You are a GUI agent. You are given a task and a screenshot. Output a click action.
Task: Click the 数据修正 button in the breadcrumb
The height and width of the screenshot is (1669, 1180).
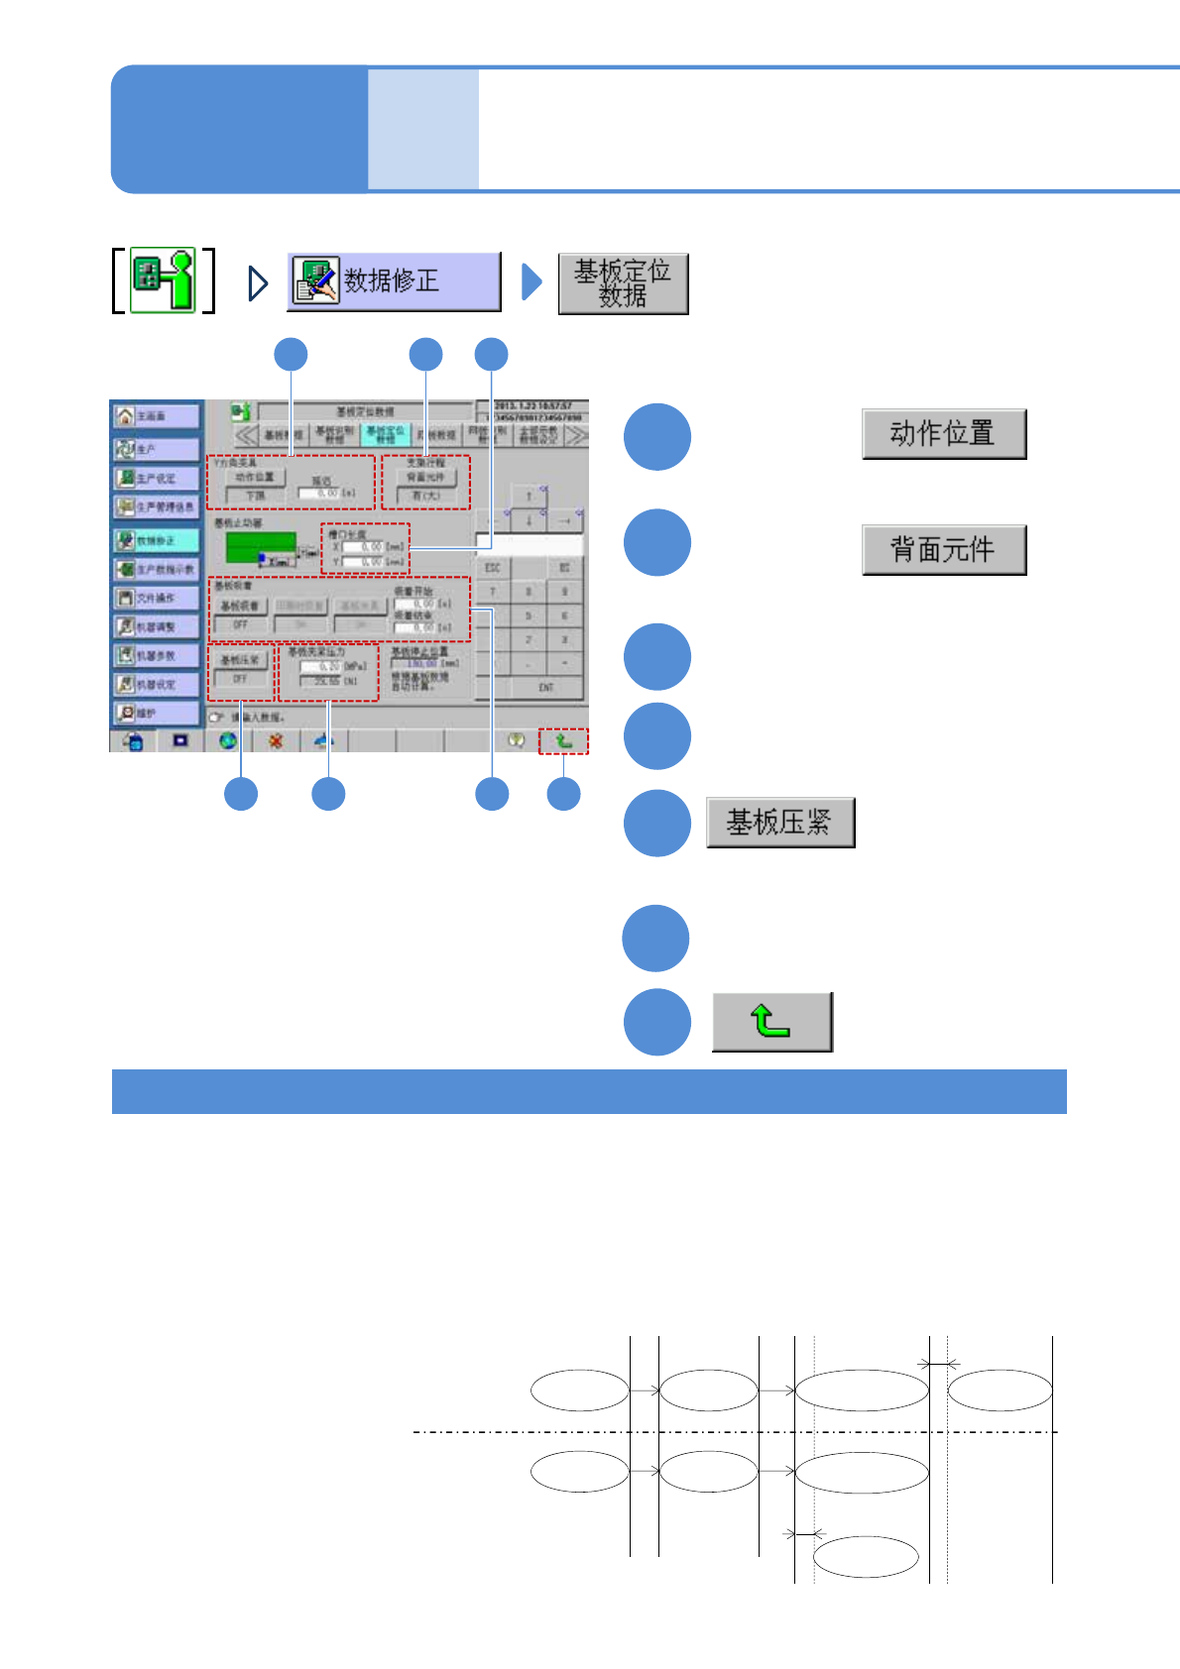point(394,281)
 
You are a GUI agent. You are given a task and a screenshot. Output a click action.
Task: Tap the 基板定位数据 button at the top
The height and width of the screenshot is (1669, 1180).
point(623,284)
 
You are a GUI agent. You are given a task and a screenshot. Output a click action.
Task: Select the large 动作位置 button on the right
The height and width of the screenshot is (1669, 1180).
point(943,434)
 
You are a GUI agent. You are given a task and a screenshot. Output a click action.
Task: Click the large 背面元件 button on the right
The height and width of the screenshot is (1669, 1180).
point(943,550)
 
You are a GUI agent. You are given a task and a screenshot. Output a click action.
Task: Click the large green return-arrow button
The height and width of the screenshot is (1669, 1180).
point(771,1022)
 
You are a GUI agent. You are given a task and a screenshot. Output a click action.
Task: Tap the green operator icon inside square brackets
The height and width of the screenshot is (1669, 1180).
point(164,281)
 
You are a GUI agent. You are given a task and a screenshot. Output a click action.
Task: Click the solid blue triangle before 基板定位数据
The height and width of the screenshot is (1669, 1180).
point(531,282)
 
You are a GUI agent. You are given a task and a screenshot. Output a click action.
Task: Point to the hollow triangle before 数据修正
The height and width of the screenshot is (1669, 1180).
point(258,283)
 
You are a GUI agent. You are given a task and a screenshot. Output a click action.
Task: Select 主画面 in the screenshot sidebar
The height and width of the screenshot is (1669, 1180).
point(156,416)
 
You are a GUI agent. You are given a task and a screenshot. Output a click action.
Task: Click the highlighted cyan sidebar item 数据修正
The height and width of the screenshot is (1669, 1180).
point(156,541)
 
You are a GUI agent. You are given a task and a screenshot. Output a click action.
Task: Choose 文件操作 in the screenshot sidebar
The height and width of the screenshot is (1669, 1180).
point(156,599)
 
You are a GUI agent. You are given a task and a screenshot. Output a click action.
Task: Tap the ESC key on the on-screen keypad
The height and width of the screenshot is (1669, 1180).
point(493,568)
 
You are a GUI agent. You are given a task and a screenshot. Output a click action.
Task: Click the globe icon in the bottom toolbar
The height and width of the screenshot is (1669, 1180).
point(228,740)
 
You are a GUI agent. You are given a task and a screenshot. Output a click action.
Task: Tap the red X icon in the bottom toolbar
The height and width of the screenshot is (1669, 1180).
point(277,740)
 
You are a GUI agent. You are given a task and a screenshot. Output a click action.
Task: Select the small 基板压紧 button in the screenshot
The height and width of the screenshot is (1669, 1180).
point(240,660)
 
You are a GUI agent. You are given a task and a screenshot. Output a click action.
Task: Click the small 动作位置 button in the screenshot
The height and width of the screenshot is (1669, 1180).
point(255,478)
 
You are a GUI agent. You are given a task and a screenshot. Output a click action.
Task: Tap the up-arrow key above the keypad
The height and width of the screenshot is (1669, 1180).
point(529,496)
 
